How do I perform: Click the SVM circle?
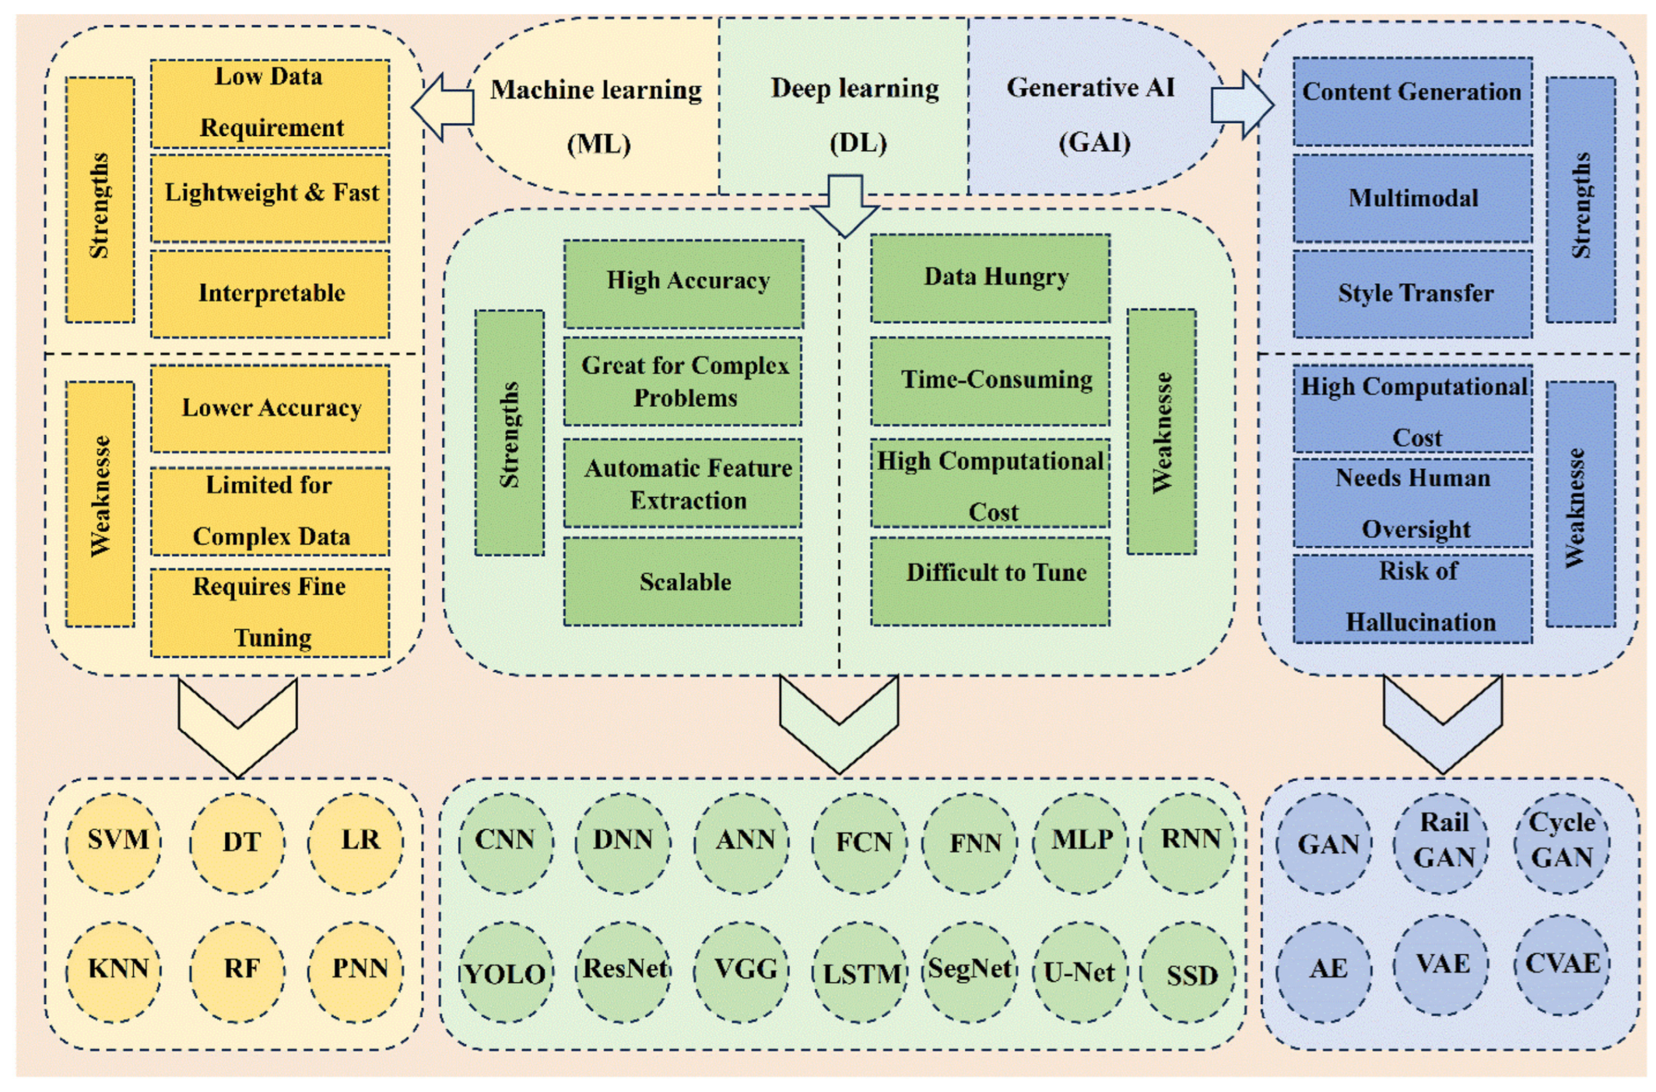pyautogui.click(x=113, y=843)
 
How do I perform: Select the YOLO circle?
pyautogui.click(x=506, y=972)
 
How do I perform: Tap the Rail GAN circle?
pyautogui.click(x=1442, y=843)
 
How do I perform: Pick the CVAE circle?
pyautogui.click(x=1562, y=964)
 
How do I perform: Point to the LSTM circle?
pyautogui.click(x=861, y=972)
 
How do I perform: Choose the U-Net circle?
pyautogui.click(x=1081, y=972)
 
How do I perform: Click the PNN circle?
pyautogui.click(x=355, y=972)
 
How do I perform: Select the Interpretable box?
pyautogui.click(x=270, y=294)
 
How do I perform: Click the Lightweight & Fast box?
pyautogui.click(x=270, y=199)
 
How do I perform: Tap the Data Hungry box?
pyautogui.click(x=991, y=278)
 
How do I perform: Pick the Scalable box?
pyautogui.click(x=683, y=581)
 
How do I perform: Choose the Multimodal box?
pyautogui.click(x=1413, y=199)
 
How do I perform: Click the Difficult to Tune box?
pyautogui.click(x=991, y=581)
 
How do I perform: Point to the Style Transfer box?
pyautogui.click(x=1413, y=294)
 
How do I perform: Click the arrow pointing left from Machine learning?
pyautogui.click(x=443, y=107)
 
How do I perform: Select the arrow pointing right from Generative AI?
pyautogui.click(x=1243, y=104)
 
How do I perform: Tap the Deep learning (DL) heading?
pyautogui.click(x=855, y=116)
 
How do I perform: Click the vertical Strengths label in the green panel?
pyautogui.click(x=510, y=433)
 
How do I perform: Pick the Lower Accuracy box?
pyautogui.click(x=270, y=409)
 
